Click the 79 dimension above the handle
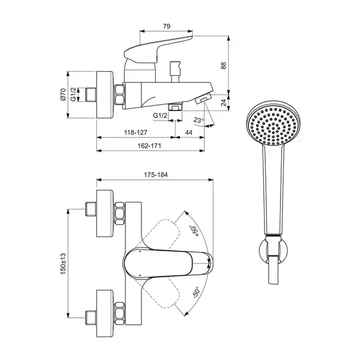(x=167, y=26)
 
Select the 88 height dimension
(x=224, y=66)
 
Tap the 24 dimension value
(x=224, y=103)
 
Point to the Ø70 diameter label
(x=63, y=94)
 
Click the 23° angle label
(x=198, y=120)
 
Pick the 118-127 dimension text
(x=136, y=133)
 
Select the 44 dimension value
(x=189, y=133)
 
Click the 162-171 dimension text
(x=149, y=146)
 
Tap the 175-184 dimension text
(x=156, y=175)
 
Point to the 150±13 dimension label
(x=63, y=263)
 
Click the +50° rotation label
(x=194, y=232)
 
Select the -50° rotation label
(x=196, y=292)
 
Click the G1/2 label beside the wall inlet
(x=73, y=94)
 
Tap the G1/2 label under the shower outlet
(x=160, y=115)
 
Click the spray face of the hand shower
(x=273, y=126)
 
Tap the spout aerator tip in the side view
(x=203, y=99)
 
